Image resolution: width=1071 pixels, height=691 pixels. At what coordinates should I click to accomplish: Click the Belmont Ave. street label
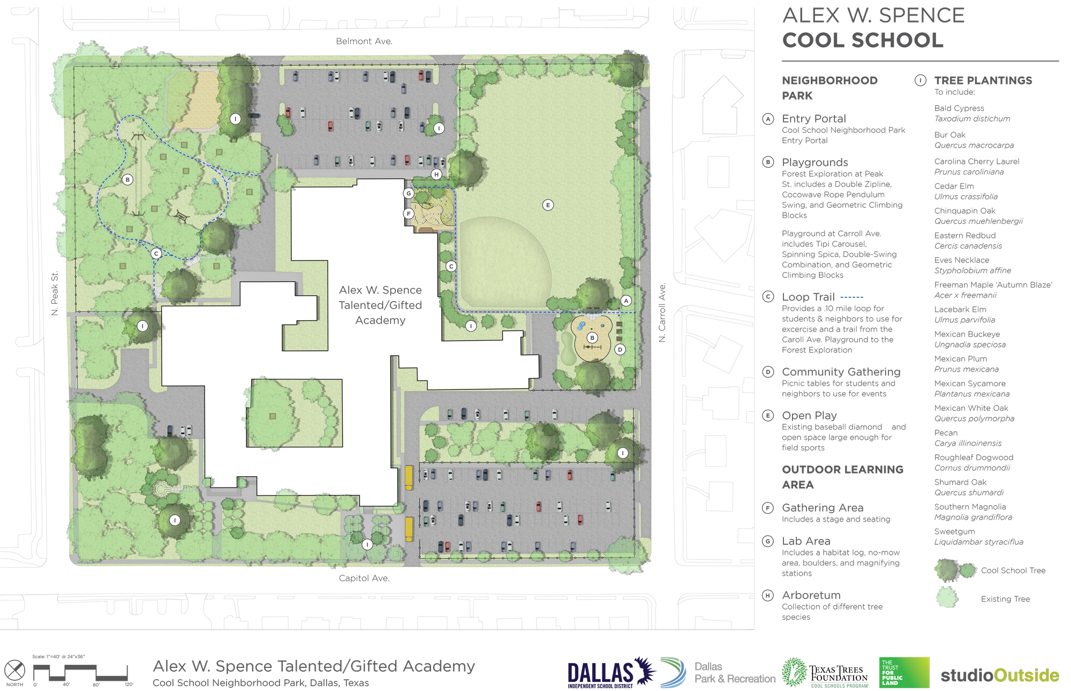pos(364,41)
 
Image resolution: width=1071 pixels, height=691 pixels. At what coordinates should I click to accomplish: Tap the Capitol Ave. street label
pos(364,578)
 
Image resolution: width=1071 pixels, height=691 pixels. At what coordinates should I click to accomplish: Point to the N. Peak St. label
pos(55,293)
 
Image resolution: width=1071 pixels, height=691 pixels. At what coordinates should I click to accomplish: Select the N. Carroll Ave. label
pos(662,313)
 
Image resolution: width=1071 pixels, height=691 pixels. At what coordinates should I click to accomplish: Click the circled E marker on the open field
pos(548,205)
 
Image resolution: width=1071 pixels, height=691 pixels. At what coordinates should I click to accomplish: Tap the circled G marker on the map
pos(409,193)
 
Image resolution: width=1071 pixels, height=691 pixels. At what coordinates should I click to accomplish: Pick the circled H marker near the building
pos(437,174)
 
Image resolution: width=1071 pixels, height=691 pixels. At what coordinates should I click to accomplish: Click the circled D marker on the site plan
pos(620,350)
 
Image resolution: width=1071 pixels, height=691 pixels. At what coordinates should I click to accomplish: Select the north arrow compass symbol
pos(14,670)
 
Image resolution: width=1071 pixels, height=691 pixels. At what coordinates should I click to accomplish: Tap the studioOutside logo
pos(1000,675)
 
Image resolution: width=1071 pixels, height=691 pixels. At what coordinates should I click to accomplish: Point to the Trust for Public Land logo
pos(904,672)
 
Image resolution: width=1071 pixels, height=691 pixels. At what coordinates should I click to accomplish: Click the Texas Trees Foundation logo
pos(825,673)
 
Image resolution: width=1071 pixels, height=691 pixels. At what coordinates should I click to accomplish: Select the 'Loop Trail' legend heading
pos(808,297)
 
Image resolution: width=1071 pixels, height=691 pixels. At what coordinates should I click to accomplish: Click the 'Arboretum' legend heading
pos(811,595)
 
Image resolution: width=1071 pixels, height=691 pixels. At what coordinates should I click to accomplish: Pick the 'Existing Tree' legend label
pos(1005,599)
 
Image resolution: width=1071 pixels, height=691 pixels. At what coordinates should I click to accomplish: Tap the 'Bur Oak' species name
pos(950,135)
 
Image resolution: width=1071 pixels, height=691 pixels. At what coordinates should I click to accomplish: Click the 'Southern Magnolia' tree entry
pos(970,507)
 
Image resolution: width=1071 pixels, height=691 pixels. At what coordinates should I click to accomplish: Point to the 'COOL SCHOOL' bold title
pos(863,40)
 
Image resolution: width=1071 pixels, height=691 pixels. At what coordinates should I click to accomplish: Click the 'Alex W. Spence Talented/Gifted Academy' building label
pos(380,305)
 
